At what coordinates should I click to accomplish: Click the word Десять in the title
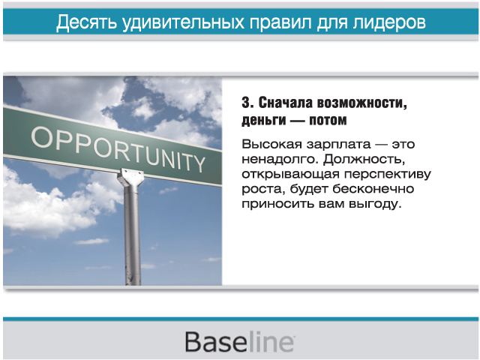coord(87,22)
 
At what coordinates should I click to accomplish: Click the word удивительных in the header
coord(183,22)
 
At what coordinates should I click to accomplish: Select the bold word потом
coord(328,120)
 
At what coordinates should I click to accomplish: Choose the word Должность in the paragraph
coord(364,160)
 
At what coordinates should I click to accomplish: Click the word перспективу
coord(388,175)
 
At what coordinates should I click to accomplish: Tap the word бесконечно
coord(373,189)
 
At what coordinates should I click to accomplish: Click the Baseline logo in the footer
coord(240,341)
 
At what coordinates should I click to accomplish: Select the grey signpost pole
coord(133,235)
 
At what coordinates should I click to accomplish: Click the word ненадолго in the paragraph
coord(280,160)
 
